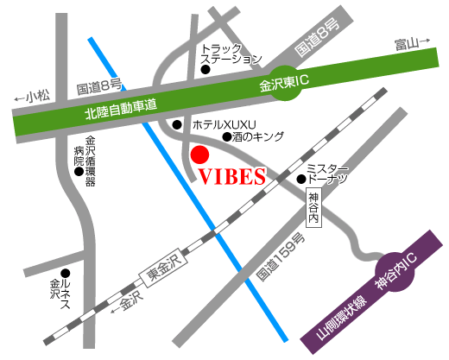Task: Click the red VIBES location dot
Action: tap(199, 155)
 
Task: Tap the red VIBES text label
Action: tap(231, 177)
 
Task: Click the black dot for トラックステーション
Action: tap(206, 70)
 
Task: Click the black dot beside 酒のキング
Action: tap(227, 136)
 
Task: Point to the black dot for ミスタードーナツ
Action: tap(300, 180)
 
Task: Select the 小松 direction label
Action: tap(39, 96)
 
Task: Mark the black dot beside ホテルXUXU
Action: tap(176, 125)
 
